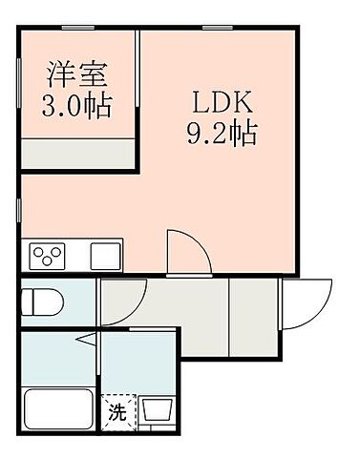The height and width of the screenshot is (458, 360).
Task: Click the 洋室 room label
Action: pos(79,73)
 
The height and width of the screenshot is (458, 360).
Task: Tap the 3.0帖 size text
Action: pos(79,102)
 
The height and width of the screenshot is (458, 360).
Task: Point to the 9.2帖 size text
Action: pos(221,135)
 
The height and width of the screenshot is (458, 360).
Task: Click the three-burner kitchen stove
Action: pos(46,255)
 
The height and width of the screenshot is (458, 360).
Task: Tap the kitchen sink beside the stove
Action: pos(102,255)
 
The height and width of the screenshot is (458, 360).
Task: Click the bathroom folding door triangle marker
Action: pos(86,340)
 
